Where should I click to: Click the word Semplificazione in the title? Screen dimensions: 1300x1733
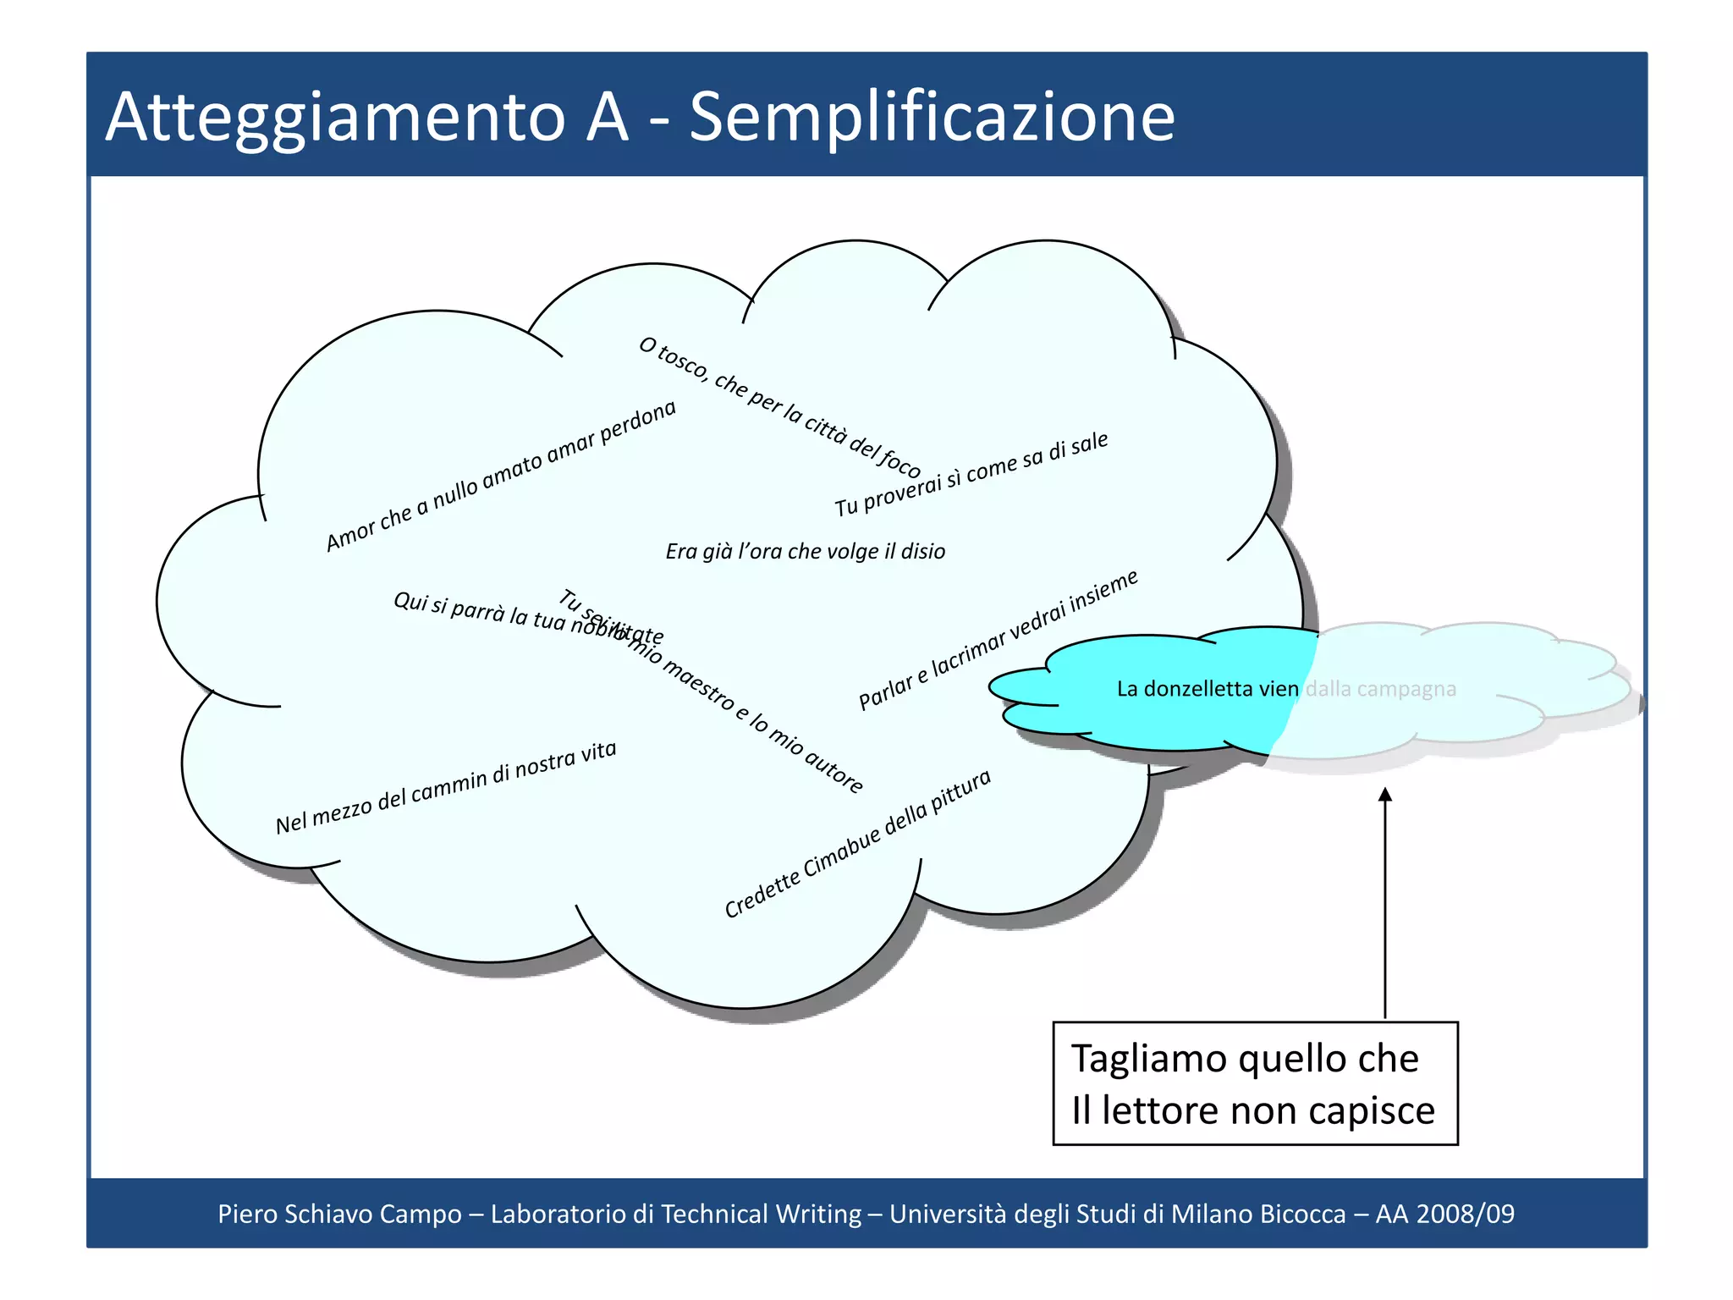(x=932, y=117)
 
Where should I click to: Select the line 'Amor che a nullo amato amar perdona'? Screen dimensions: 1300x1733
(x=501, y=476)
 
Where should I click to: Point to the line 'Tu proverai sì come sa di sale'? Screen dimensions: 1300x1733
(x=971, y=474)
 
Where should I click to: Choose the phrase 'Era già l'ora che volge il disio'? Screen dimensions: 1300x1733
(x=805, y=552)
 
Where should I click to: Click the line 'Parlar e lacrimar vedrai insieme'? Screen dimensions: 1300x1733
(x=999, y=640)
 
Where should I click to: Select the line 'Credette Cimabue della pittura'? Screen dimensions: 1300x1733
(x=857, y=844)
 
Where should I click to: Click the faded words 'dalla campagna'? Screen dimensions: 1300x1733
(x=1380, y=689)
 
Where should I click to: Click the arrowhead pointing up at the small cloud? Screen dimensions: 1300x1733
(x=1385, y=795)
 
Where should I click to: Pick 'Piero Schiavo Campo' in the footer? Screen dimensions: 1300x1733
(x=339, y=1214)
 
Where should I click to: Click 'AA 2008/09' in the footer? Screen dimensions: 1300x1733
(x=1444, y=1214)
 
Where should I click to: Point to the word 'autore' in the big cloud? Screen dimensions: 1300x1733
(x=833, y=769)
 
